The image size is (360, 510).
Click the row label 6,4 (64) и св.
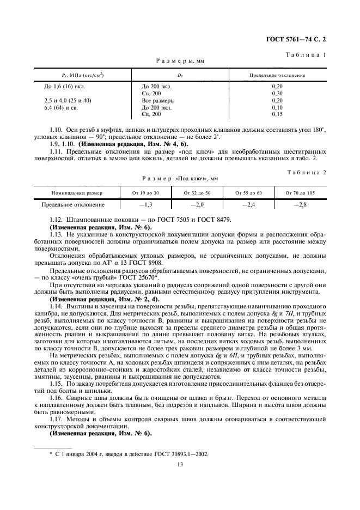(60, 107)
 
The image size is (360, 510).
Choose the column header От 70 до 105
(300, 193)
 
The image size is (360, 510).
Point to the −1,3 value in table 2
(145, 205)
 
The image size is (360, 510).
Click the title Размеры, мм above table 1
(179, 62)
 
